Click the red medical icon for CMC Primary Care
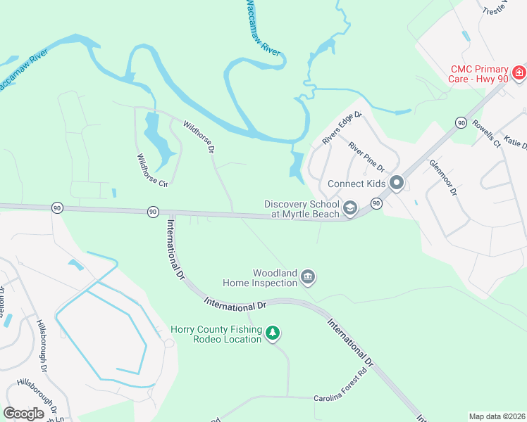(519, 72)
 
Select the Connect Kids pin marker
(397, 184)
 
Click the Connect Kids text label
(356, 184)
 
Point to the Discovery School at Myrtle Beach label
(302, 209)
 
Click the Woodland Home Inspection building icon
(308, 278)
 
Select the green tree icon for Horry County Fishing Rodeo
(273, 334)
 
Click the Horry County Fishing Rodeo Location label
(216, 334)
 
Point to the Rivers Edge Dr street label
(342, 129)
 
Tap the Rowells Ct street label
(486, 134)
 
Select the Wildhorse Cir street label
(152, 171)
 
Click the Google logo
(24, 414)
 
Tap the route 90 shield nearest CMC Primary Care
(461, 122)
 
